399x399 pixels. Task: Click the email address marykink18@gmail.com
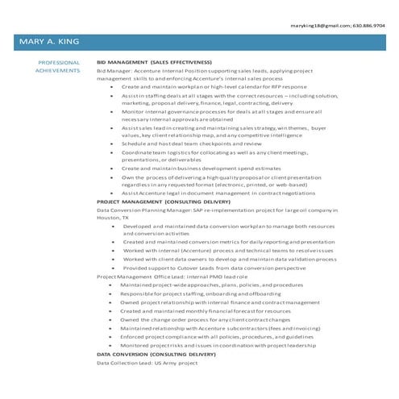pyautogui.click(x=321, y=26)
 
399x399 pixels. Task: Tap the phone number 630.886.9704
pyautogui.click(x=368, y=26)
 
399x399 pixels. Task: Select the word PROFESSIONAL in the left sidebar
pyautogui.click(x=59, y=62)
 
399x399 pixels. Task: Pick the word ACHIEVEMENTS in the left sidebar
pyautogui.click(x=57, y=70)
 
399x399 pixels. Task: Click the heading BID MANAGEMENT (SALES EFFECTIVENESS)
pyautogui.click(x=154, y=62)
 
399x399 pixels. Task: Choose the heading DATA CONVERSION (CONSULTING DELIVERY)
pyautogui.click(x=156, y=354)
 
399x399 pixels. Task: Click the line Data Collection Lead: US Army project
pyautogui.click(x=147, y=363)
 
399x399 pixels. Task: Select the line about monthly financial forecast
pyautogui.click(x=205, y=310)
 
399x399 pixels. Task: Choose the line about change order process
pyautogui.click(x=205, y=319)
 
